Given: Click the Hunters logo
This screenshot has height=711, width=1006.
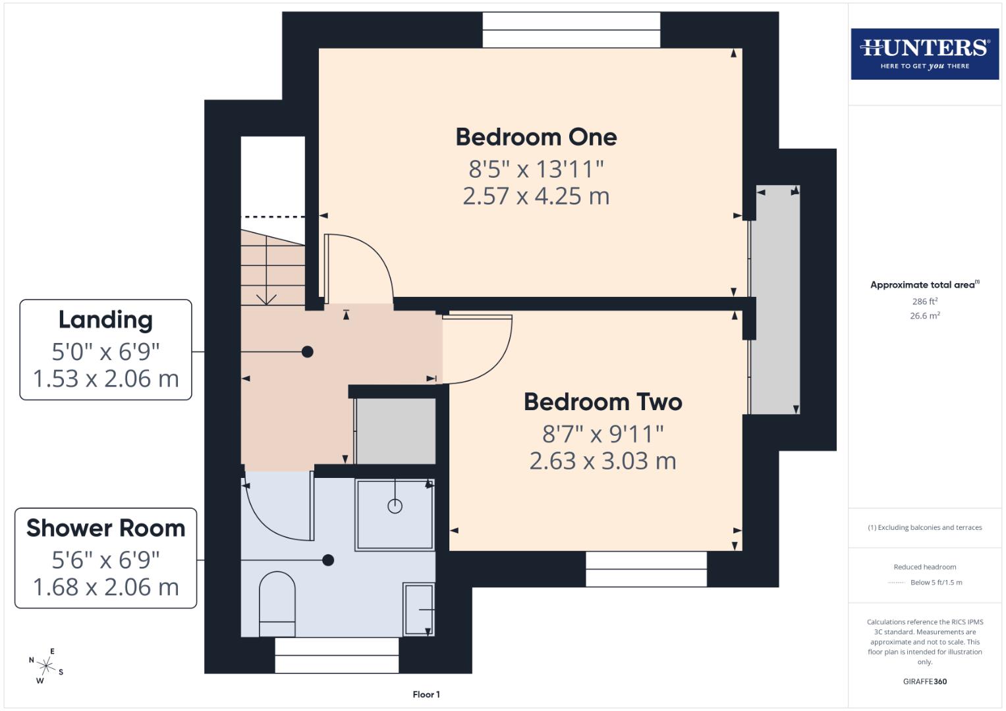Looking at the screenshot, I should coord(924,53).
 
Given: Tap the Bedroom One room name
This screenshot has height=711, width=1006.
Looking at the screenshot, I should coord(536,137).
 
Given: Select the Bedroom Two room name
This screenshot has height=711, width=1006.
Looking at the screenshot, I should coord(603,402).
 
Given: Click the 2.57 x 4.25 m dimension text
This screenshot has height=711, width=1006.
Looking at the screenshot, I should coord(536,196).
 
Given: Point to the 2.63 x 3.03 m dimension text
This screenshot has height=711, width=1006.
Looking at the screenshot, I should coord(603,461).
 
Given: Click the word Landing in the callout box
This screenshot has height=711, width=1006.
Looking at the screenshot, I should coord(105,320).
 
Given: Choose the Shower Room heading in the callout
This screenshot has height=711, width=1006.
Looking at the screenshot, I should coord(105,528).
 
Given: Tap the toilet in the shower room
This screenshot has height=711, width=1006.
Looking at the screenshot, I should coord(277,603).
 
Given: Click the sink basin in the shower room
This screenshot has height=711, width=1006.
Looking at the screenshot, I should coord(418,609).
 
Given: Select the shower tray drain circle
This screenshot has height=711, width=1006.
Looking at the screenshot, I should coord(395,506).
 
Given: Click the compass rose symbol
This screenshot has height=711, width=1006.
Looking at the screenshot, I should coord(45,666).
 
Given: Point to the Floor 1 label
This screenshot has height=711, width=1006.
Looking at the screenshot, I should coord(426,695).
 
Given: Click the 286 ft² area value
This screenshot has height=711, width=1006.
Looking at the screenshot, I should coord(924,302).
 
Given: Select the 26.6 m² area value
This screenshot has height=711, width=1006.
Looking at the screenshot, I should coord(924,316).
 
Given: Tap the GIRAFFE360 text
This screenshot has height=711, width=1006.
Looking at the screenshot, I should coord(924,681).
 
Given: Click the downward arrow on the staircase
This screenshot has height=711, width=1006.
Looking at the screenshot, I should coord(266,297).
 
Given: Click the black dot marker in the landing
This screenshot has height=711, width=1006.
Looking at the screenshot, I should coord(307,352).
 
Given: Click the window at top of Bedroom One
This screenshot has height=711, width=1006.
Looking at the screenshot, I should coord(571,30).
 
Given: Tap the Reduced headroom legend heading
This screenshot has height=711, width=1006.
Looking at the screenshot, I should coord(924,567).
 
